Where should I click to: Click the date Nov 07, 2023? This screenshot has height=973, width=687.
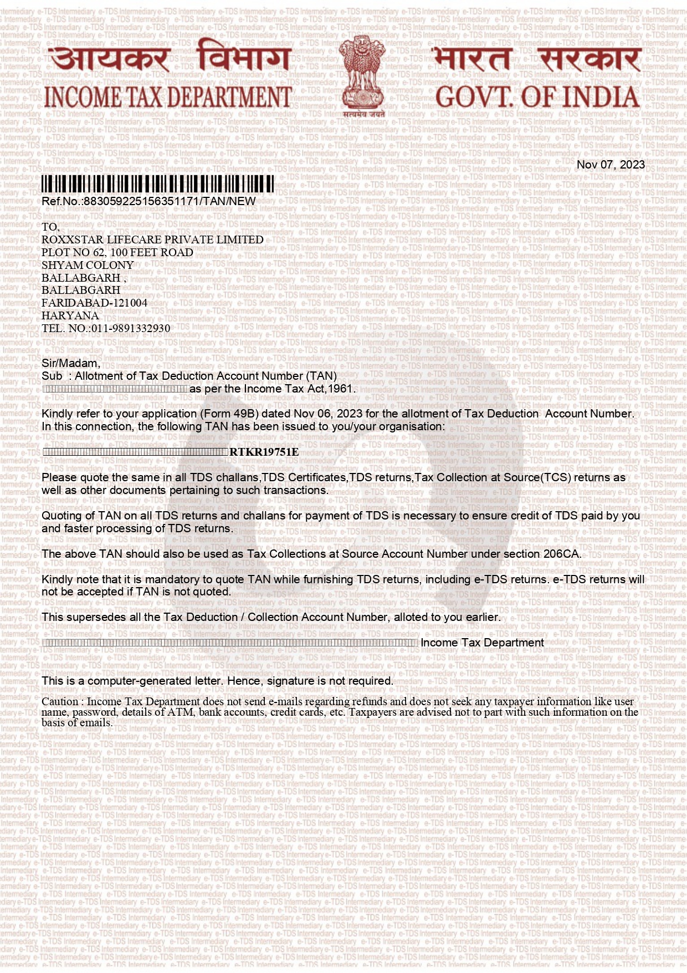[x=611, y=165]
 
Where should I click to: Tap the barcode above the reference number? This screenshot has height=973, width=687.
[x=157, y=184]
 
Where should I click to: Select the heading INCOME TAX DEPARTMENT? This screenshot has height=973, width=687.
[x=168, y=98]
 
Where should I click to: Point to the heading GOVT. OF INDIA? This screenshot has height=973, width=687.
[x=537, y=98]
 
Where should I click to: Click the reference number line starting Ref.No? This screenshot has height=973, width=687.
[x=148, y=201]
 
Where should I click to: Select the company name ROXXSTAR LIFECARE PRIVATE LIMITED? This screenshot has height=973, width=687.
[x=152, y=240]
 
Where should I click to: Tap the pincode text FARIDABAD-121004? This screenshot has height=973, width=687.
[x=94, y=303]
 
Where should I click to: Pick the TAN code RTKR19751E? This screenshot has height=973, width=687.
[x=264, y=452]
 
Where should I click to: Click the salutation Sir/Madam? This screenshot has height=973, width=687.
[x=70, y=363]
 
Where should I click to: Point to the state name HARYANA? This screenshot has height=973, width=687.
[x=70, y=315]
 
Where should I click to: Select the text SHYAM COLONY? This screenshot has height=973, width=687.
[x=88, y=265]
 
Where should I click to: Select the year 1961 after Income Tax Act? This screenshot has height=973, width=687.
[x=340, y=389]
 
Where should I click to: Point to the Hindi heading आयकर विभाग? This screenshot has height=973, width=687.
[x=168, y=59]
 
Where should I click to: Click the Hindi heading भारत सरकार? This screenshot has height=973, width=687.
[x=537, y=59]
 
